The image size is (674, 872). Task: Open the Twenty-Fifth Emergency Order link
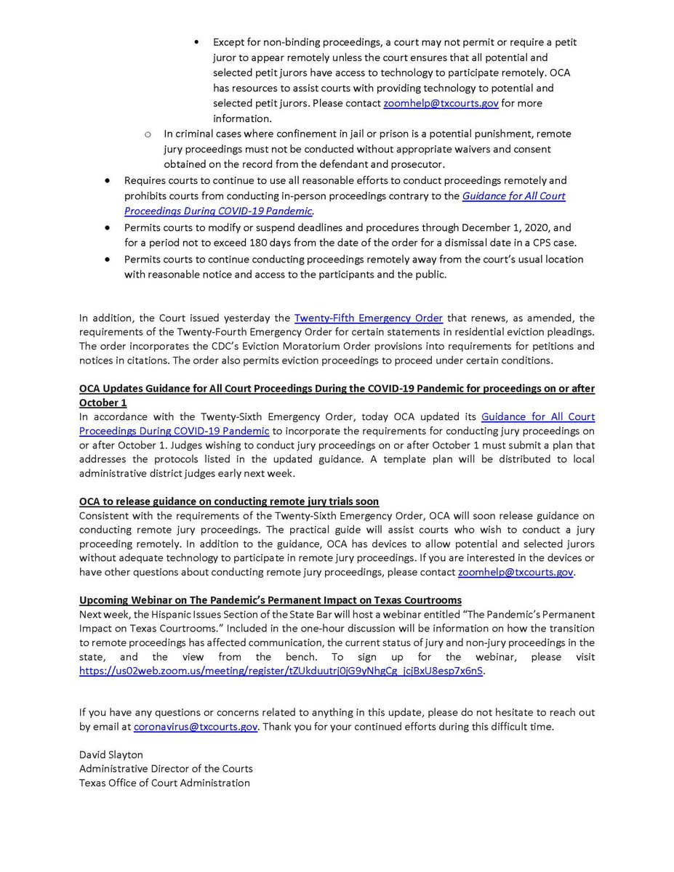[x=368, y=318]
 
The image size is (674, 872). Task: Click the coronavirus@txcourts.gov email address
[x=196, y=727]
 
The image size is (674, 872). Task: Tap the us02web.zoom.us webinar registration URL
[x=281, y=671]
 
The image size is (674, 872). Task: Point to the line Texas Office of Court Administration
[x=164, y=783]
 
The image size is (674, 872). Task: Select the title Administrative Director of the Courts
[x=166, y=768]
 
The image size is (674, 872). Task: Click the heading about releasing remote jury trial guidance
[x=229, y=501]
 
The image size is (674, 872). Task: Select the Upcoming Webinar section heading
[x=270, y=600]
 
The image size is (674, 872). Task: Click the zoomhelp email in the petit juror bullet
[x=441, y=103]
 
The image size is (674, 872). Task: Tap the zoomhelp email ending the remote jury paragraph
[x=515, y=573]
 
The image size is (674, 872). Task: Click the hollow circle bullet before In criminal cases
[x=148, y=134]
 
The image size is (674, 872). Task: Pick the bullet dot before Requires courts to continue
[x=108, y=180]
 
